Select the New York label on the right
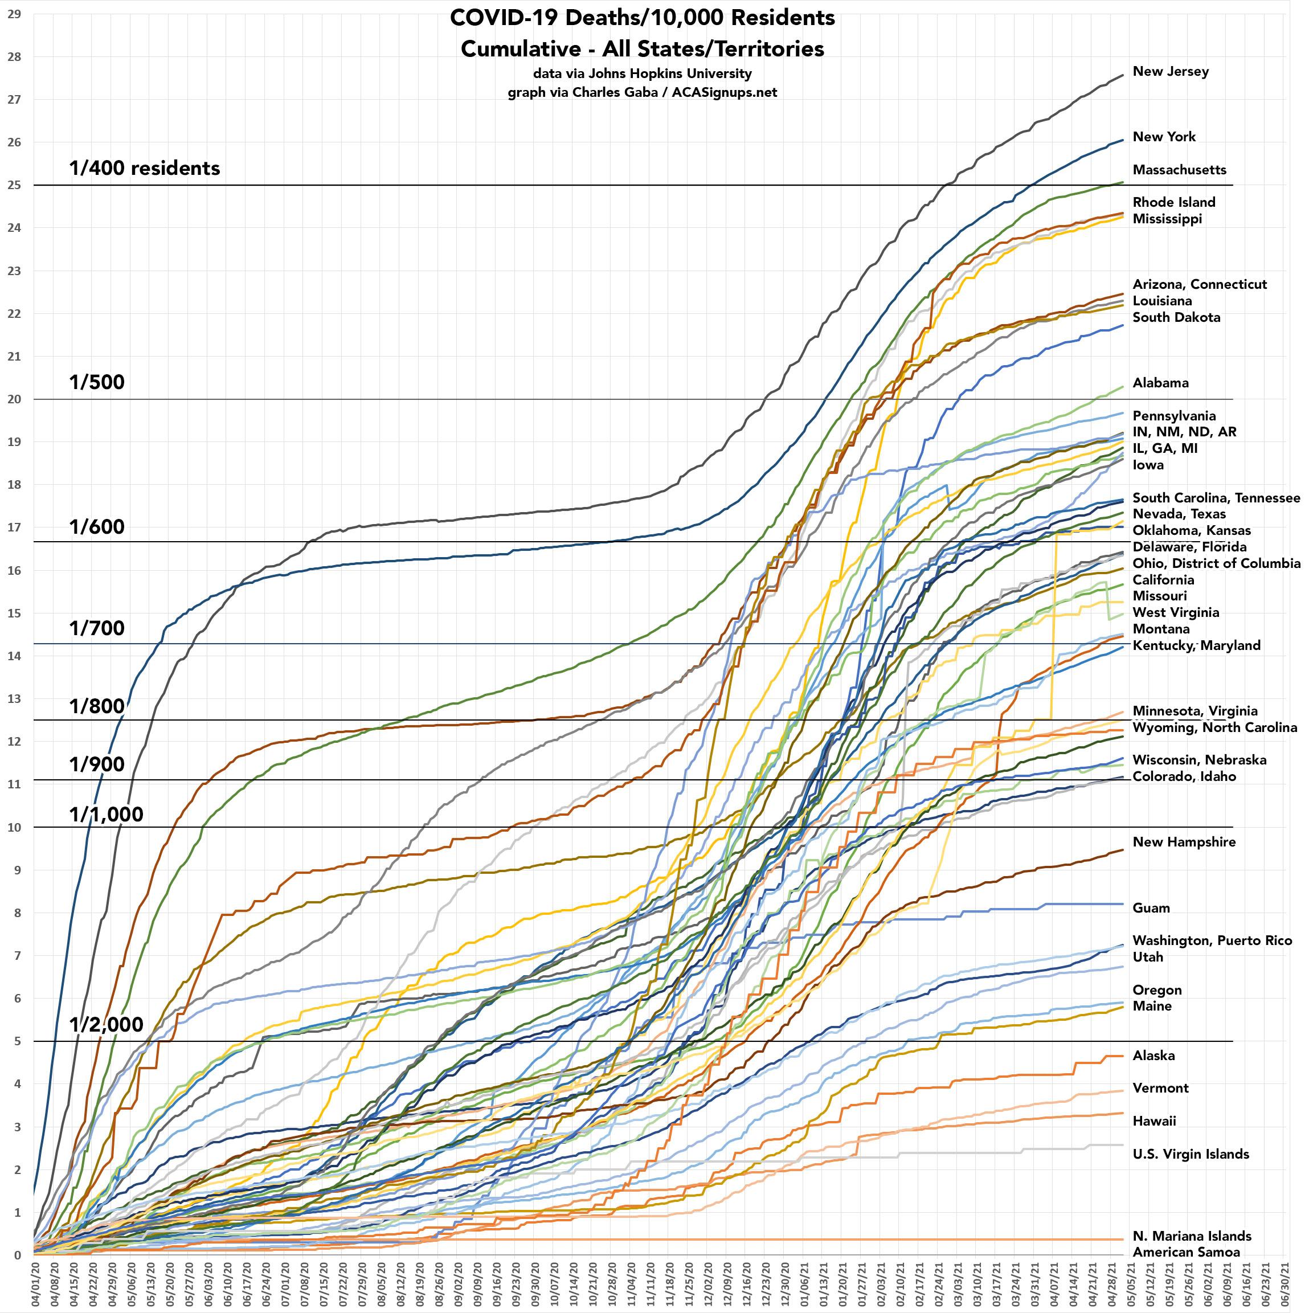1164,137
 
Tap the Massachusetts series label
1179,170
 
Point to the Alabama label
1160,383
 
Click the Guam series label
1151,908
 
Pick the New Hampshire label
1184,842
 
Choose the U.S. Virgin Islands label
1191,1154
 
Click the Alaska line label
1154,1056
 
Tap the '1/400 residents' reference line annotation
144,168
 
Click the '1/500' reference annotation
96,382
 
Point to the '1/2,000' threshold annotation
106,1024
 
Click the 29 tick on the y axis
14,14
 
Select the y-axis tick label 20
14,399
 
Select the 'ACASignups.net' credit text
725,92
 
